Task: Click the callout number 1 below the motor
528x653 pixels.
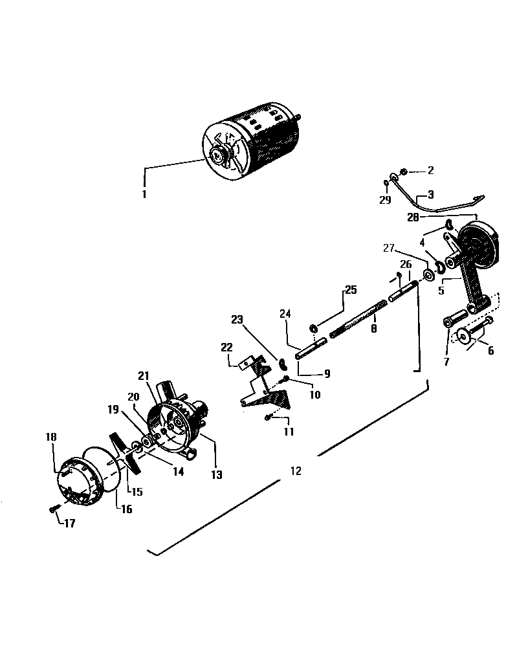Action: point(144,194)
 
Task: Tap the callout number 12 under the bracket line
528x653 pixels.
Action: point(296,471)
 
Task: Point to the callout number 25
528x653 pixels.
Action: point(350,290)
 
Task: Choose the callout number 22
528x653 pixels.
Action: point(226,348)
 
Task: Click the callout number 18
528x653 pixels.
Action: point(52,437)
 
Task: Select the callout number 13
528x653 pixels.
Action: point(216,475)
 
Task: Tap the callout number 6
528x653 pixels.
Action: point(490,351)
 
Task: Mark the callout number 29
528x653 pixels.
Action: point(385,200)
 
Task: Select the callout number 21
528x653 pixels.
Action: point(143,376)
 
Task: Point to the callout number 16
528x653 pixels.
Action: point(126,509)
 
